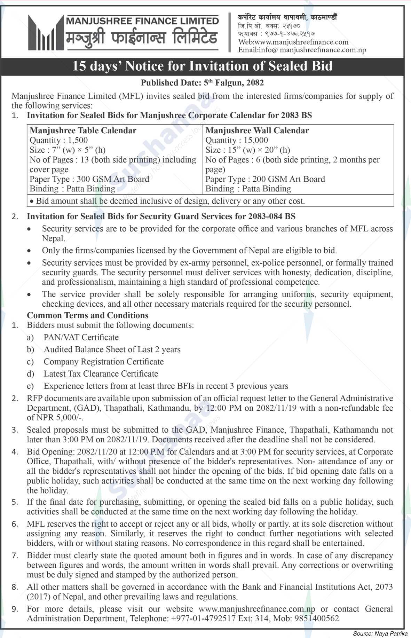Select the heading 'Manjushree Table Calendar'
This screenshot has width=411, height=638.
pos(83,131)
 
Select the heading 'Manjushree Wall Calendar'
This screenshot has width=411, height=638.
pos(257,131)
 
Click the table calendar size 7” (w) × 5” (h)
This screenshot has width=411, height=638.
pos(77,150)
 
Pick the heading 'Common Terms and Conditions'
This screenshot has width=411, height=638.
pos(88,315)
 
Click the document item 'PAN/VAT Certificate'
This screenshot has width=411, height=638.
pos(81,337)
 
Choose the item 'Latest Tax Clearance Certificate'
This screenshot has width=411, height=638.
pos(101,374)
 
